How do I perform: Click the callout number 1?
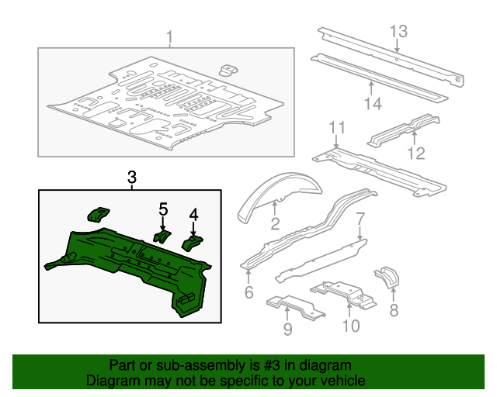pyautogui.click(x=170, y=36)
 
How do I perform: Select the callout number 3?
pyautogui.click(x=131, y=178)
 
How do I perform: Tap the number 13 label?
pyautogui.click(x=398, y=31)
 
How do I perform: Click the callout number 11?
pyautogui.click(x=335, y=128)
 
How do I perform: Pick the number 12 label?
pyautogui.click(x=417, y=153)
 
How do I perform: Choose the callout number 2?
pyautogui.click(x=275, y=225)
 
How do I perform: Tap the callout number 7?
pyautogui.click(x=360, y=219)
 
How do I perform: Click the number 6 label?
pyautogui.click(x=248, y=292)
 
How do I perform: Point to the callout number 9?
pyautogui.click(x=288, y=331)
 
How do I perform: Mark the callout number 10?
pyautogui.click(x=351, y=325)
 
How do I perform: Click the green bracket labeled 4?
pyautogui.click(x=192, y=243)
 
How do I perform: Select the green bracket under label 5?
pyautogui.click(x=162, y=236)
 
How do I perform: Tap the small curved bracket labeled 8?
pyautogui.click(x=386, y=277)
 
